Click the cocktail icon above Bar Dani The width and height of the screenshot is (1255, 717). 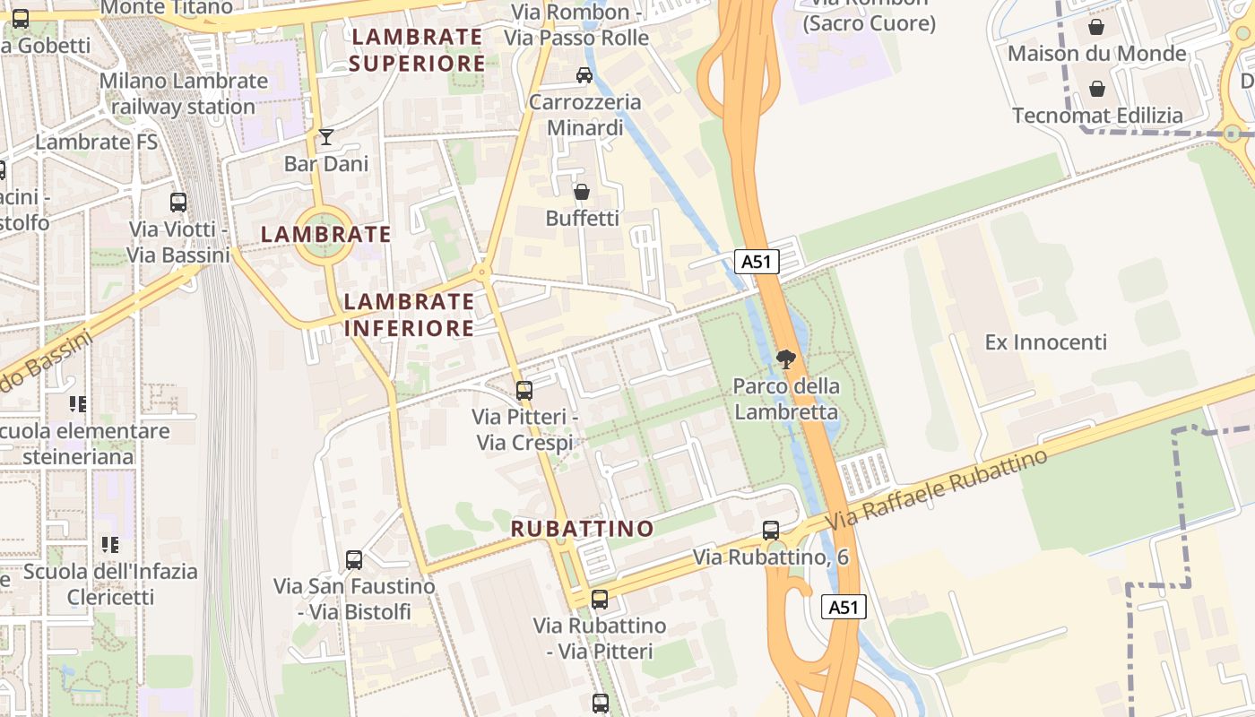[326, 137]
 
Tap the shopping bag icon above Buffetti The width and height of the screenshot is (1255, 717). [582, 192]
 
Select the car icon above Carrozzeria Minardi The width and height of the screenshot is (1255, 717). [584, 75]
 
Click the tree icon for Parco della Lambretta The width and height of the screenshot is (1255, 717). [786, 360]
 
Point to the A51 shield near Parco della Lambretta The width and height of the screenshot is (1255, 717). [757, 262]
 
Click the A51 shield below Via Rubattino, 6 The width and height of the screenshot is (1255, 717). [844, 607]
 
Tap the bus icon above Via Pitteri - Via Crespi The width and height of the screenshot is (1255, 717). [524, 391]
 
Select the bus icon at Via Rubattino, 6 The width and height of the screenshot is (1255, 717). [771, 530]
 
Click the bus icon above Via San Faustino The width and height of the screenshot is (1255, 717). [354, 560]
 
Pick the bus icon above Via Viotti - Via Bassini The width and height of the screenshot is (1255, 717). [178, 203]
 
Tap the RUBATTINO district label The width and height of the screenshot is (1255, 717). [583, 529]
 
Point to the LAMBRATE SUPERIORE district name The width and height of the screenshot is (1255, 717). [417, 50]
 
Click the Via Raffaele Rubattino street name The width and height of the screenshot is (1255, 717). [936, 489]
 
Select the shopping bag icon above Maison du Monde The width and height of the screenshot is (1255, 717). [1096, 27]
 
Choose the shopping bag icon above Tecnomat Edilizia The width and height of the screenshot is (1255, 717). [1096, 89]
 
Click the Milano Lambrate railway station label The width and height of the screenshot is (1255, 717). [184, 93]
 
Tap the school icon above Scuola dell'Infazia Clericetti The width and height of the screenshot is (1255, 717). [110, 544]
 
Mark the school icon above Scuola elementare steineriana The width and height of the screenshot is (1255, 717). [77, 404]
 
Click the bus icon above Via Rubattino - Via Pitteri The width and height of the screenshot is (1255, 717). [600, 599]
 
